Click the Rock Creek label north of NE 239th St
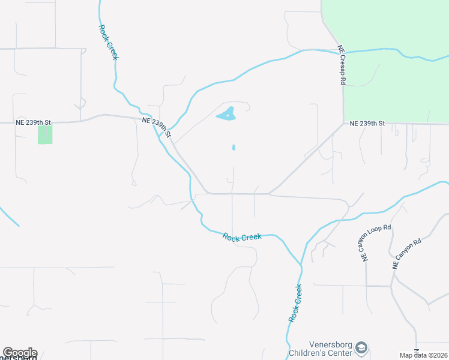click(x=109, y=41)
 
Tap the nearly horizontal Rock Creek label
click(x=242, y=237)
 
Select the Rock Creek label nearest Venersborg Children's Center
click(x=295, y=304)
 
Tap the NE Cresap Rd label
click(x=342, y=64)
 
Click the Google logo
click(x=19, y=353)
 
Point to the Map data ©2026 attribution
click(x=424, y=355)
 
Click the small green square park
click(x=45, y=134)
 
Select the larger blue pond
click(x=226, y=114)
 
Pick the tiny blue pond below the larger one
click(x=234, y=147)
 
